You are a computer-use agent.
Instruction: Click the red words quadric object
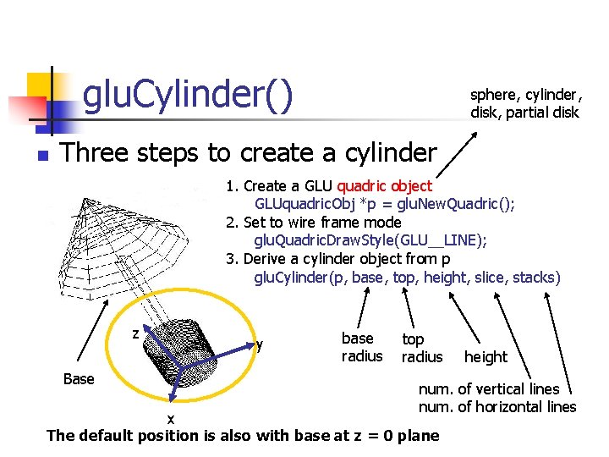coord(384,186)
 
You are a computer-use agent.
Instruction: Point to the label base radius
coord(362,347)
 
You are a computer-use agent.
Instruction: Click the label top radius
coord(421,348)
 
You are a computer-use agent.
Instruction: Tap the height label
coord(486,357)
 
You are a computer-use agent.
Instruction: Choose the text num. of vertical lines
coord(489,389)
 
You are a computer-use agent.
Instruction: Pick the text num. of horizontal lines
coord(497,407)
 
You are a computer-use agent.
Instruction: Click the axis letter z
coord(135,333)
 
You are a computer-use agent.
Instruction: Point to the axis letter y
coord(260,344)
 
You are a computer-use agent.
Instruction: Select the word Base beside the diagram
coord(79,379)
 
